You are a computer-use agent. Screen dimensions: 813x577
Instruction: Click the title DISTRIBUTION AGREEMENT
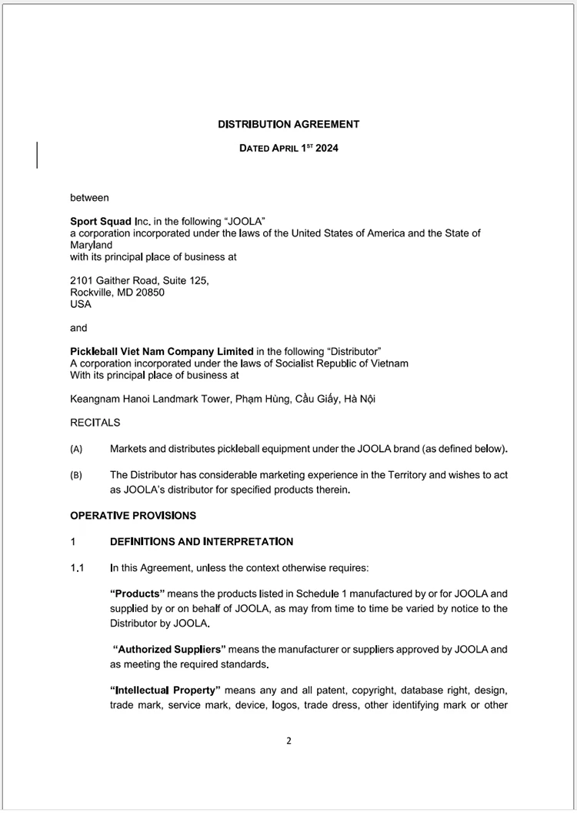coord(288,124)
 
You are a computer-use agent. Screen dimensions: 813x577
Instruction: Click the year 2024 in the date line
coord(326,149)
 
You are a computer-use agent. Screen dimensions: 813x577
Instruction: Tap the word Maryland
coord(91,245)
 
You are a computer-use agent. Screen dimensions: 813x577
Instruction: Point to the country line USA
coord(80,304)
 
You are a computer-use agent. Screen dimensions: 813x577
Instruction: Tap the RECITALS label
coord(95,423)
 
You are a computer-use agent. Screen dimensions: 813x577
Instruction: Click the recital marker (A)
coord(76,450)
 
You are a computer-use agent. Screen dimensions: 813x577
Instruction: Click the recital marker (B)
coord(76,476)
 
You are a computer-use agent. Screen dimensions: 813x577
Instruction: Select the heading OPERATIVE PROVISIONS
coord(132,515)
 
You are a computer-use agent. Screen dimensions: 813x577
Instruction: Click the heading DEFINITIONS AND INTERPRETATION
coord(201,542)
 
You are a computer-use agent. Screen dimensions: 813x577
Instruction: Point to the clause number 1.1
coord(76,568)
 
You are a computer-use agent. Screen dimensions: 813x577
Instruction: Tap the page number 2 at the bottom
coord(288,741)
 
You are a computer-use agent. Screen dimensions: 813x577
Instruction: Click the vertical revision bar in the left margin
coord(38,154)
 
